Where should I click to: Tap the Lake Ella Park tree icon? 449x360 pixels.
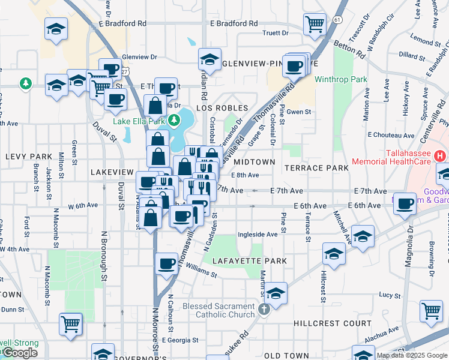174,121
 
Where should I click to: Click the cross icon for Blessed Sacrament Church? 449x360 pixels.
264,311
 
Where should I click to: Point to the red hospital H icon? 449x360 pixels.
440,156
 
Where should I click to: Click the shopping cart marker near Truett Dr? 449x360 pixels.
315,25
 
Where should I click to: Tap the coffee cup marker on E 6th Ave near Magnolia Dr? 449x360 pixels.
405,203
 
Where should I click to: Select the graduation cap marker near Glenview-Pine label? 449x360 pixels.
209,59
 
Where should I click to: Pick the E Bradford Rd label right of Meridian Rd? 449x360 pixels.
234,23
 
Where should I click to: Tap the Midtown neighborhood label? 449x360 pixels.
254,162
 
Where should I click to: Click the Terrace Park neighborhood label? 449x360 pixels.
316,168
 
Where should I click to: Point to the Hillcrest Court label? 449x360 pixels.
333,323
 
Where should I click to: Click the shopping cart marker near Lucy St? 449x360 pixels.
431,311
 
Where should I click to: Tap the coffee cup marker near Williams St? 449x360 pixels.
166,263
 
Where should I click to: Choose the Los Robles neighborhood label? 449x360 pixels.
222,108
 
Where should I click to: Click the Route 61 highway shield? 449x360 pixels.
338,20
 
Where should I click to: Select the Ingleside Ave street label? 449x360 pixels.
258,235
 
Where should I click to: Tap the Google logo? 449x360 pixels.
20,353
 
